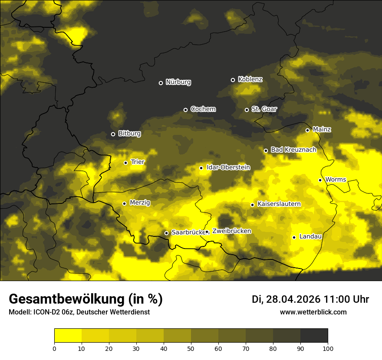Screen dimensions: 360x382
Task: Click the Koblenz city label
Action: coord(250,80)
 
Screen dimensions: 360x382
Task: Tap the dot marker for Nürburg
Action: coord(161,83)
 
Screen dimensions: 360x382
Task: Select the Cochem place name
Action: coord(203,109)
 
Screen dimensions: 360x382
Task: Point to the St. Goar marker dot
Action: coord(247,110)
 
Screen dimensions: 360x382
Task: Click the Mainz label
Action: coord(322,130)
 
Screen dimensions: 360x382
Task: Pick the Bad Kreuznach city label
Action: coord(293,150)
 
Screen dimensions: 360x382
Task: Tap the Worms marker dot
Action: coord(320,180)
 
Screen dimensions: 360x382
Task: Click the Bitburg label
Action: coord(129,134)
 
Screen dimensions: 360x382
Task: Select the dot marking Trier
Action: coord(126,163)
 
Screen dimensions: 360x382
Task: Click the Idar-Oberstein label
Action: coord(228,167)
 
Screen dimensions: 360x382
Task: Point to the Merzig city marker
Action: coord(124,203)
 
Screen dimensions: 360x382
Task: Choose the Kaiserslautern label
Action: coord(279,204)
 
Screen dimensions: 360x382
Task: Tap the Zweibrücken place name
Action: coord(231,231)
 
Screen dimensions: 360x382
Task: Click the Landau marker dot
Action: coord(294,237)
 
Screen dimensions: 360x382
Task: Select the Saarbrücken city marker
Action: coord(166,233)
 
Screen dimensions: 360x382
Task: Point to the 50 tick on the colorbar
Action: coord(191,348)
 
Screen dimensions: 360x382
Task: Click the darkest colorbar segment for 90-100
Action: coord(314,336)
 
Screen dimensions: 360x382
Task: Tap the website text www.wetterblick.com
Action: coord(313,312)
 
